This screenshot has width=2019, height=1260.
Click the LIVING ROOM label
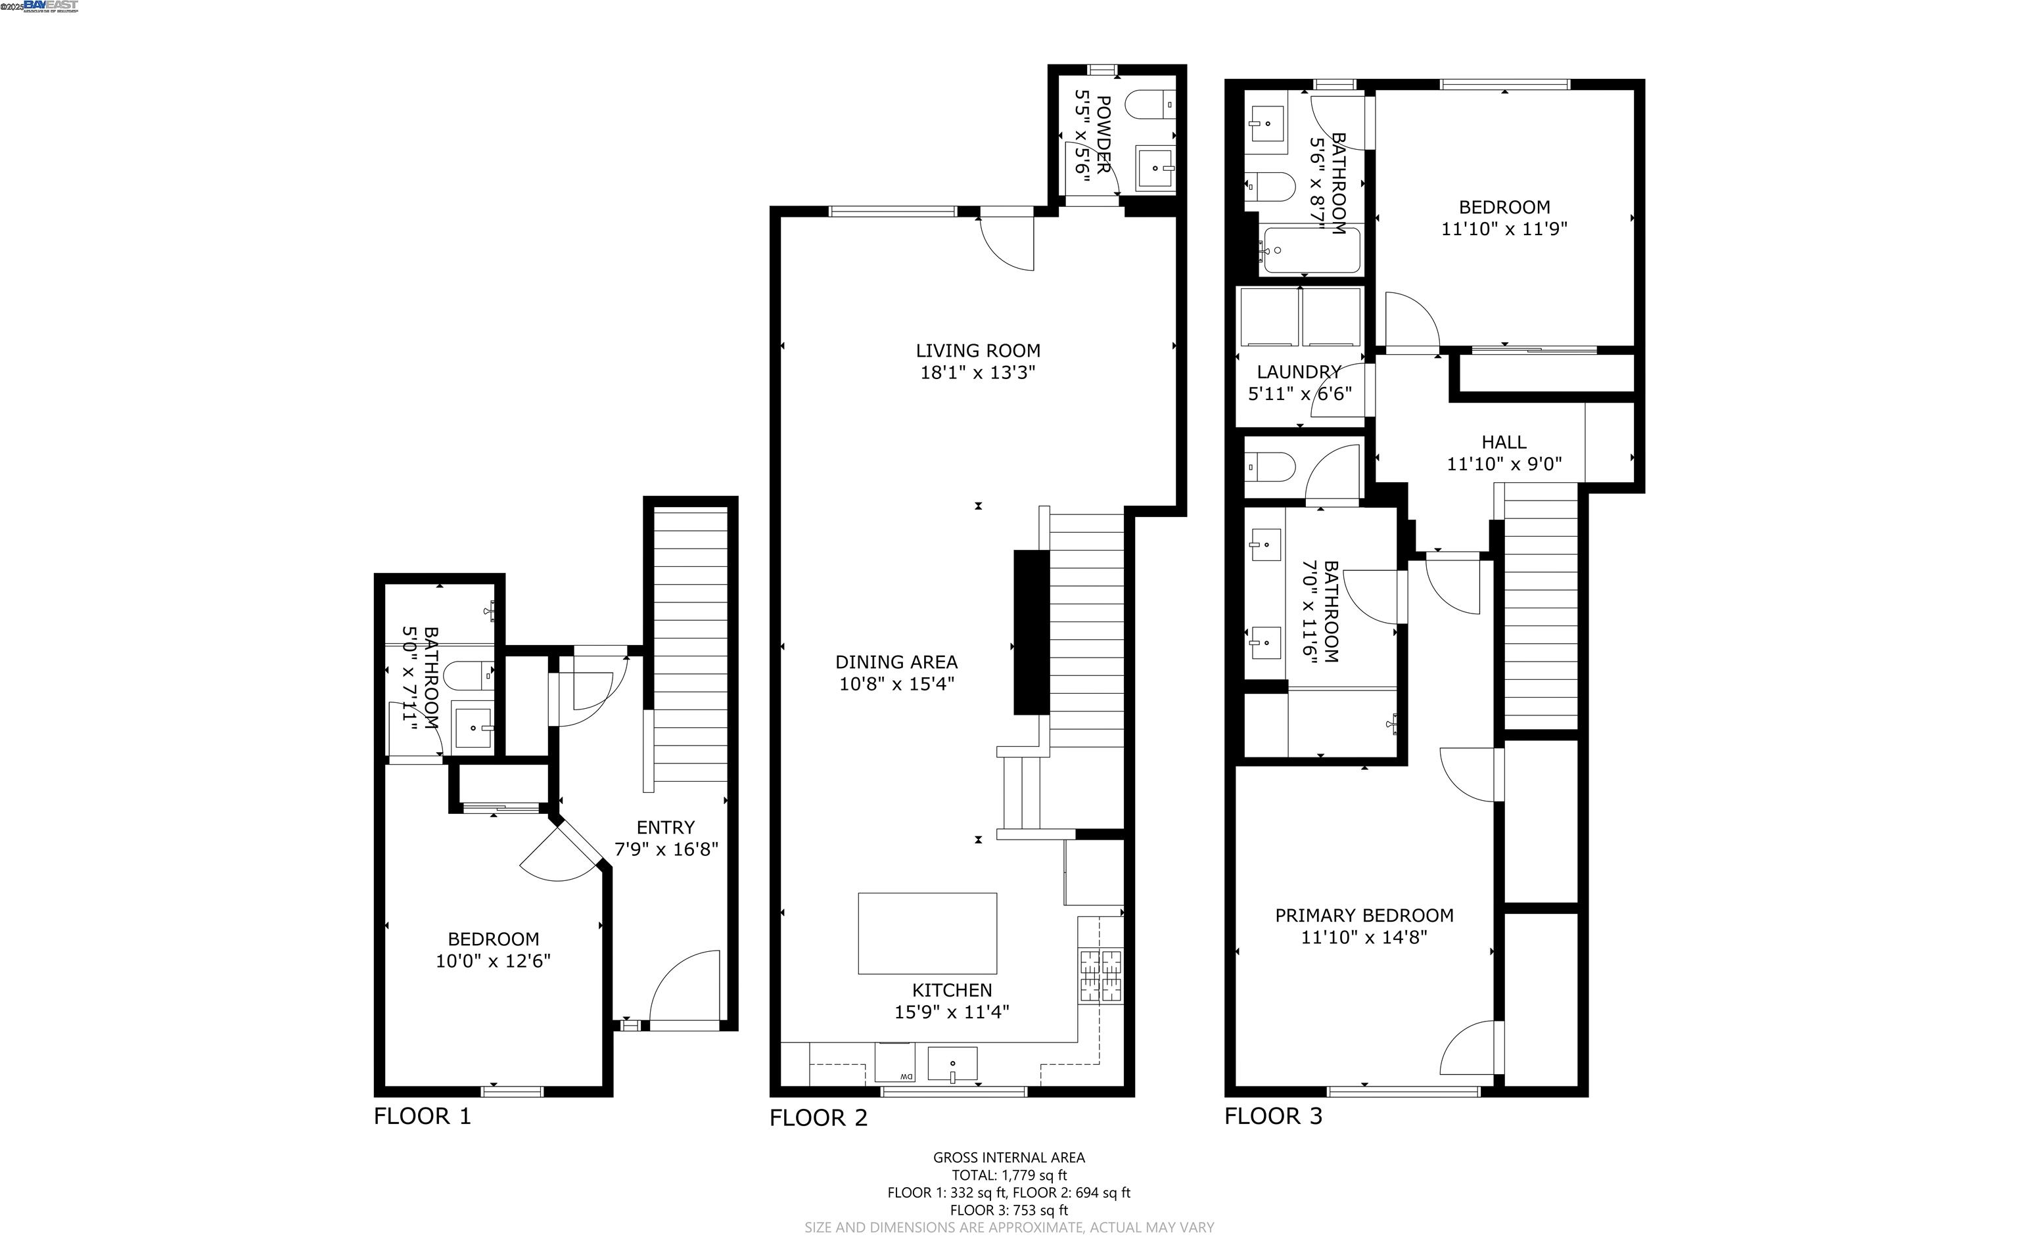tap(978, 351)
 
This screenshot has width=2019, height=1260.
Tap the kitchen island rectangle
tap(927, 934)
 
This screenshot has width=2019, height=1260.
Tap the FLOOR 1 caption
tap(422, 1116)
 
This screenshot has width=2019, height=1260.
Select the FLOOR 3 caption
tap(1273, 1116)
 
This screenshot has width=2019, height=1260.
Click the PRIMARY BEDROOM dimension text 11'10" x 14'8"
tap(1364, 937)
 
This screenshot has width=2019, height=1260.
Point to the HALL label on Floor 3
tap(1504, 443)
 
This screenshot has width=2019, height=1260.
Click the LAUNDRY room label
tap(1299, 372)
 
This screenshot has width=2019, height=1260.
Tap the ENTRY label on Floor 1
tap(665, 828)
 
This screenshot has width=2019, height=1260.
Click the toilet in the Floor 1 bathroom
tap(469, 675)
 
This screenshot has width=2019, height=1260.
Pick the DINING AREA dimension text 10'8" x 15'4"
tap(896, 684)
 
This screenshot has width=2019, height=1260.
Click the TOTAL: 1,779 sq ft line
tap(1009, 1175)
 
